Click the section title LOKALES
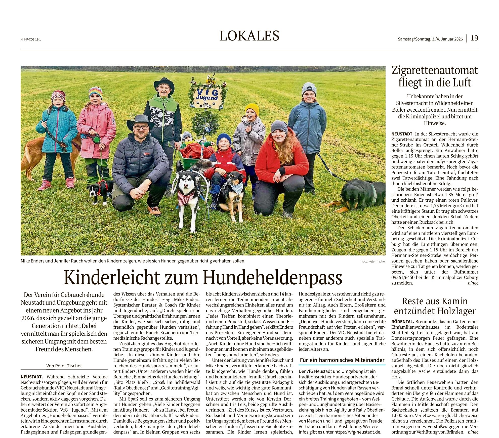coord(249,36)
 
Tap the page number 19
coord(474,38)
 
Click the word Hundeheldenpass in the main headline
coord(273,278)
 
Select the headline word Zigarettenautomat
coord(435,70)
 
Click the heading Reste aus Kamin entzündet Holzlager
coord(435,306)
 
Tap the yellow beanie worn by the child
coord(252,109)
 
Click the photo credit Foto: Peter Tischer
coord(373,261)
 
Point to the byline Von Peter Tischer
coord(64,366)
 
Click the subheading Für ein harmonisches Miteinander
coord(342,360)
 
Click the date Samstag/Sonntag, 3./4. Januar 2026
coord(430,39)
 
